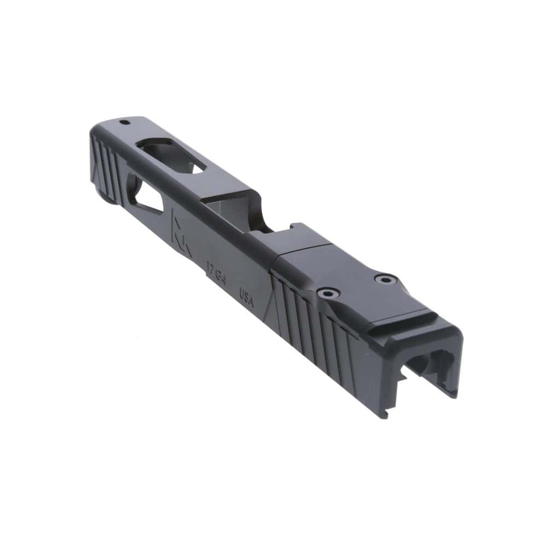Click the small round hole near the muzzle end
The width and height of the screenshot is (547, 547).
click(124, 122)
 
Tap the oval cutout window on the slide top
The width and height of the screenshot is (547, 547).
click(171, 156)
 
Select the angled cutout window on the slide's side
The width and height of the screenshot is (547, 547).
click(145, 197)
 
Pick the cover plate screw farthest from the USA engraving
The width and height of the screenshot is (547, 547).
click(386, 280)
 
